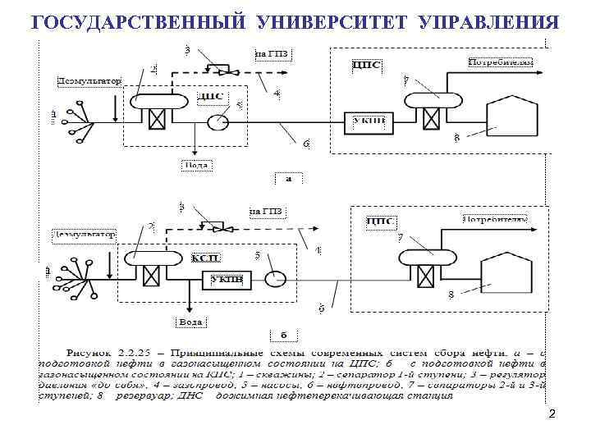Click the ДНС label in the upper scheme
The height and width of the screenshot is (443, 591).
(211, 96)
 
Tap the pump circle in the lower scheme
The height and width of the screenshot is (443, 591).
(275, 279)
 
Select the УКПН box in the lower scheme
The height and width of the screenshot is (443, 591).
(226, 279)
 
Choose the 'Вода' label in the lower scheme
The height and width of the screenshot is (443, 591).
(190, 322)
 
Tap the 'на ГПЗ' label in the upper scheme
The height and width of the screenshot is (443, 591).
(273, 56)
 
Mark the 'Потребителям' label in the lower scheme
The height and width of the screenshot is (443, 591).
(492, 220)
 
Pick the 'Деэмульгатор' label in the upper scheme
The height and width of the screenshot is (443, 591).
(89, 81)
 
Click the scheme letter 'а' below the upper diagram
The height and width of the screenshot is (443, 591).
(287, 177)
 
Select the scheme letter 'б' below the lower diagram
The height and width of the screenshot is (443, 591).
(282, 335)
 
